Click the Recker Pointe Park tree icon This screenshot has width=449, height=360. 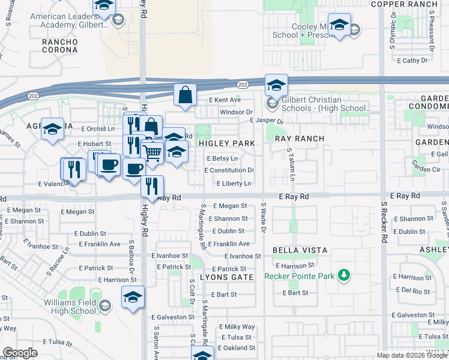pos(343,275)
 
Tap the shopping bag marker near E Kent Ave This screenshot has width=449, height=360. pos(185,95)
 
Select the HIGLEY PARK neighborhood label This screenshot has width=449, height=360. pos(227,143)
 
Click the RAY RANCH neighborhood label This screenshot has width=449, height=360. pos(300,139)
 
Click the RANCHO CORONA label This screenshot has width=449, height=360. pos(59,46)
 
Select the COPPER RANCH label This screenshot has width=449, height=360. pos(412,4)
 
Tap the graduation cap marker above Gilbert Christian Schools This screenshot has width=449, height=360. pos(276,85)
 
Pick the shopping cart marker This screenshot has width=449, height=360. pos(153,152)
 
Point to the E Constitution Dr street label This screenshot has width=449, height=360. pos(231,170)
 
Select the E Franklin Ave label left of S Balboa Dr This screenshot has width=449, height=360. pos(97,244)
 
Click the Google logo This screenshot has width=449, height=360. pos(20,353)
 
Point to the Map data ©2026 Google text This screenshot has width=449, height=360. pos(411,355)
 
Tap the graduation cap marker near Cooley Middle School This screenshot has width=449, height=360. pos(340,25)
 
